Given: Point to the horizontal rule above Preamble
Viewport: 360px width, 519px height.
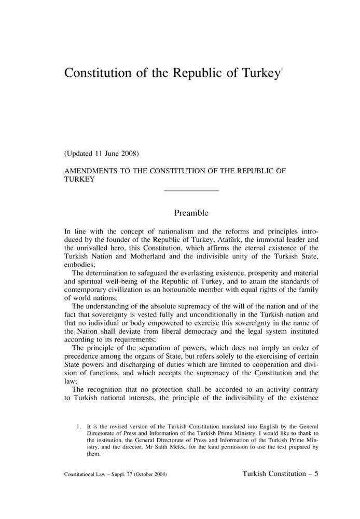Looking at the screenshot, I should click(x=191, y=191).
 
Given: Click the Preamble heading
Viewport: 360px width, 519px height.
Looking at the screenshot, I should click(x=191, y=213).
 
